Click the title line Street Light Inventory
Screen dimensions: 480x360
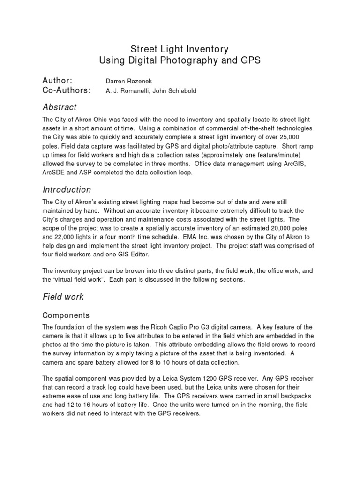pyautogui.click(x=180, y=48)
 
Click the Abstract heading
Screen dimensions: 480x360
pyautogui.click(x=60, y=107)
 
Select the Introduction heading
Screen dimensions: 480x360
pyautogui.click(x=67, y=190)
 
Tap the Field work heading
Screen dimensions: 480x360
pyautogui.click(x=63, y=297)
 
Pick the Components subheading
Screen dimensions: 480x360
pyautogui.click(x=66, y=315)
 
